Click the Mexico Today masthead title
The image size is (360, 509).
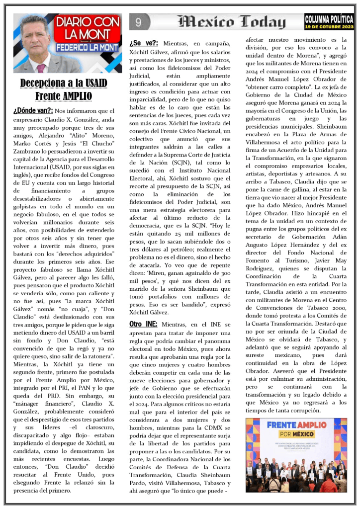point(232,22)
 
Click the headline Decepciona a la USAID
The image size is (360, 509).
point(63,83)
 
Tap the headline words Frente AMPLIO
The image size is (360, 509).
point(63,95)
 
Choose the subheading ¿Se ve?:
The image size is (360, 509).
point(144,43)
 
